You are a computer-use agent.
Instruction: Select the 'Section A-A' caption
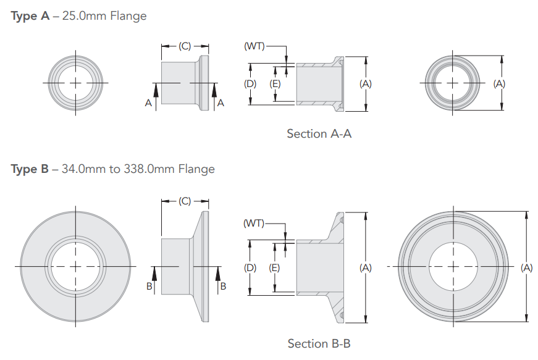point(319,133)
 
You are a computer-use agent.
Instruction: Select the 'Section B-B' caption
point(319,343)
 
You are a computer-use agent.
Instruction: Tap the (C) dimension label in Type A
point(185,46)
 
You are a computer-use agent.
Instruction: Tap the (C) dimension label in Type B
point(185,201)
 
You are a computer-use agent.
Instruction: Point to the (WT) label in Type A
point(254,46)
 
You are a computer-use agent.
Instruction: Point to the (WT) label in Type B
point(253,223)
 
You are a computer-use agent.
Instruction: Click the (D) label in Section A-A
point(250,83)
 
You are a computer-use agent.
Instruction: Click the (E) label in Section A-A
point(275,83)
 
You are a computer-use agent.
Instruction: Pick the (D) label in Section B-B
point(250,267)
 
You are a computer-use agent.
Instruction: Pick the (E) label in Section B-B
point(275,267)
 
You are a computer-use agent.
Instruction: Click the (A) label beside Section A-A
point(366,83)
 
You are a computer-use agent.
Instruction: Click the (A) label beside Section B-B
point(366,267)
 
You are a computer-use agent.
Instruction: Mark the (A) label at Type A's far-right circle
point(500,83)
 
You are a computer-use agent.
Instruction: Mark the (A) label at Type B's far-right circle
point(526,267)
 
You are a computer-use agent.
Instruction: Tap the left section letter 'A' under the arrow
point(148,104)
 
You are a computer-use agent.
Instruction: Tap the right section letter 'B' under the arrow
point(223,286)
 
